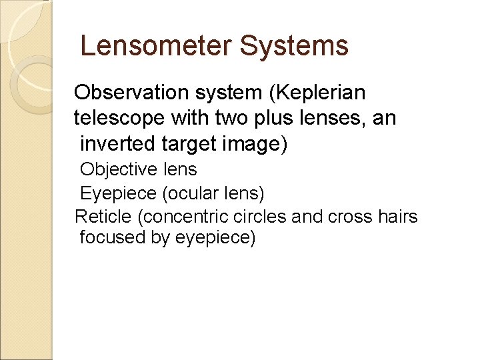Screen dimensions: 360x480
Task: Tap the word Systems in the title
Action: point(294,46)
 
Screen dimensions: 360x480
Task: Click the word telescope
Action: point(119,119)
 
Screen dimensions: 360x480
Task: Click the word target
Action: point(187,144)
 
